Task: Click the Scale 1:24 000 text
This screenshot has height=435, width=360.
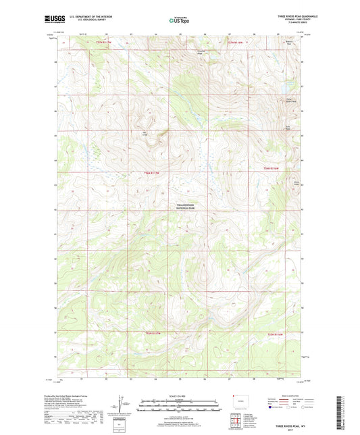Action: [179, 396]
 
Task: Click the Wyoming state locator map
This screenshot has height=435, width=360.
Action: [238, 401]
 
